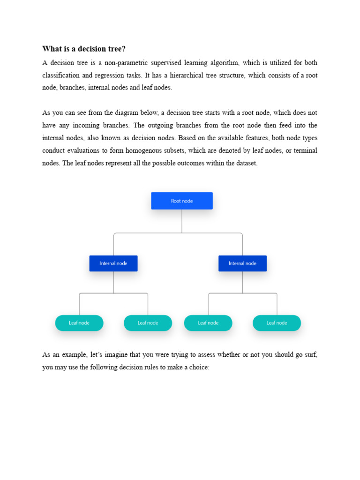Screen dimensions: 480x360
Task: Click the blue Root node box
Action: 182,201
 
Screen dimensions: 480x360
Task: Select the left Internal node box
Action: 113,263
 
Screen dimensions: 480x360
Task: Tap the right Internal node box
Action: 242,263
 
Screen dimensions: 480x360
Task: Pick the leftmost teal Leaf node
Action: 79,323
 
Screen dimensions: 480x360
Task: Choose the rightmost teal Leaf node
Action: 277,323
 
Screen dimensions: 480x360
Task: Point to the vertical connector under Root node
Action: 182,221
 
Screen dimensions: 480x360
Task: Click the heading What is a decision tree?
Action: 84,49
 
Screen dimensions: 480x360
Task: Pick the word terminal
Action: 305,150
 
